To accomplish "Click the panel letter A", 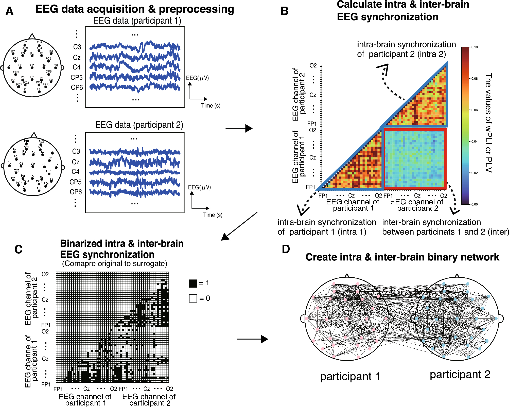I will tap(9, 11).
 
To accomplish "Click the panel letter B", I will tap(285, 11).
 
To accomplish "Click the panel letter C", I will tap(19, 249).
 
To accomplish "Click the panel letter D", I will tap(286, 249).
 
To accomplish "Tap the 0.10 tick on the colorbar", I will tap(475, 47).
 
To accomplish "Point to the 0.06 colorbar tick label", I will tap(475, 110).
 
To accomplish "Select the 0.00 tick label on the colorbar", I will tap(475, 204).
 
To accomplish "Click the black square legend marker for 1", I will tap(193, 283).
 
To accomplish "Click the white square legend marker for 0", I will tap(193, 298).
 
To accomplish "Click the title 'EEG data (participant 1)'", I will tap(137, 21).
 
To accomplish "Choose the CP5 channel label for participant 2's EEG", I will tap(76, 182).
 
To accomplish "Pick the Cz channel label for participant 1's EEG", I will tap(77, 58).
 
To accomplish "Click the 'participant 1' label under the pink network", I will tap(350, 377).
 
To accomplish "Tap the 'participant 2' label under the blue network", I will tap(460, 375).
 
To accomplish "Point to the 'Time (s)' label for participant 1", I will tap(211, 106).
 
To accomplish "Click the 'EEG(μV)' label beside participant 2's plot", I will tap(199, 187).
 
